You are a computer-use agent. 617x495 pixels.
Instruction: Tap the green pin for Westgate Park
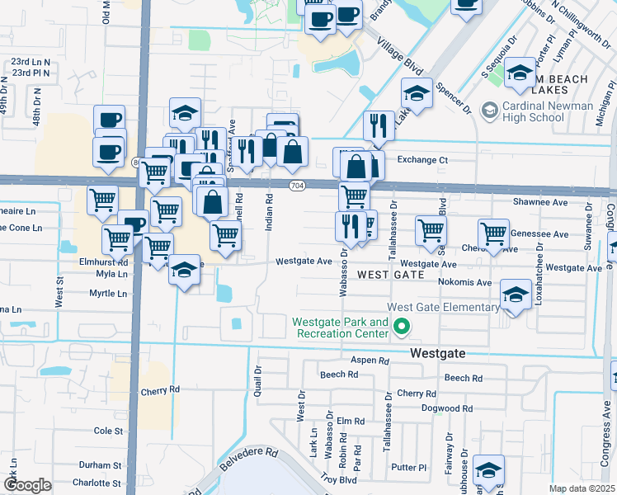[x=403, y=328]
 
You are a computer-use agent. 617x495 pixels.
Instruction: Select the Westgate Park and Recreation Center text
[x=339, y=328]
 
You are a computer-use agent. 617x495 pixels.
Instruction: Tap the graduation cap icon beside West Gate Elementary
[x=516, y=295]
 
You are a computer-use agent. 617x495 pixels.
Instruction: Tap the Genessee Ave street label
[x=539, y=234]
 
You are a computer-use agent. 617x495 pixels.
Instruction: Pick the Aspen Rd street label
[x=370, y=361]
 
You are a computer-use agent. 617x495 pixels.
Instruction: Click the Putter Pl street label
[x=409, y=467]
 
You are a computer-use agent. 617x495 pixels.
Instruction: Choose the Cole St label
[x=108, y=431]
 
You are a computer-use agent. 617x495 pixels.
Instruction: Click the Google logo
[x=27, y=485]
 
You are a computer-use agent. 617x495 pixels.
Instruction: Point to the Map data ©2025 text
[x=582, y=488]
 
